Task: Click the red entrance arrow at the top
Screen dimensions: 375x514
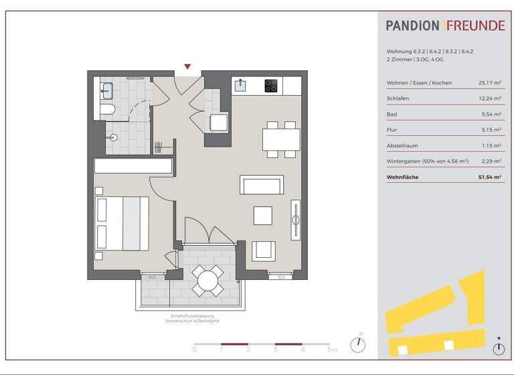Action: pyautogui.click(x=187, y=66)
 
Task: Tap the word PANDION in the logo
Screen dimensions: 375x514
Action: pyautogui.click(x=412, y=26)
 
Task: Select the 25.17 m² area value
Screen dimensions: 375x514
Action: pyautogui.click(x=490, y=82)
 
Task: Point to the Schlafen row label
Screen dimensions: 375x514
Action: pyautogui.click(x=398, y=98)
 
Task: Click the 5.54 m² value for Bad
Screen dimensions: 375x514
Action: pyautogui.click(x=491, y=115)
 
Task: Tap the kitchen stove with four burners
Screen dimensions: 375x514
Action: pyautogui.click(x=271, y=86)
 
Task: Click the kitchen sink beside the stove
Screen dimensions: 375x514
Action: pyautogui.click(x=241, y=85)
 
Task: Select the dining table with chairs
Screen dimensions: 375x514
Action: pyautogui.click(x=281, y=139)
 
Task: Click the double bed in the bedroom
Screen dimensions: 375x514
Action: pyautogui.click(x=122, y=223)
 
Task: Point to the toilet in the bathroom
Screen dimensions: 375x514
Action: pyautogui.click(x=108, y=109)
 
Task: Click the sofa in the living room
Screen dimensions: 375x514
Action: pyautogui.click(x=262, y=185)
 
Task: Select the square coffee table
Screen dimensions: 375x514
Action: pyautogui.click(x=262, y=216)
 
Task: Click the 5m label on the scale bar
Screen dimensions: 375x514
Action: pyautogui.click(x=333, y=350)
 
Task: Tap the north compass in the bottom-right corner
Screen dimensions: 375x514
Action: pyautogui.click(x=499, y=348)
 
